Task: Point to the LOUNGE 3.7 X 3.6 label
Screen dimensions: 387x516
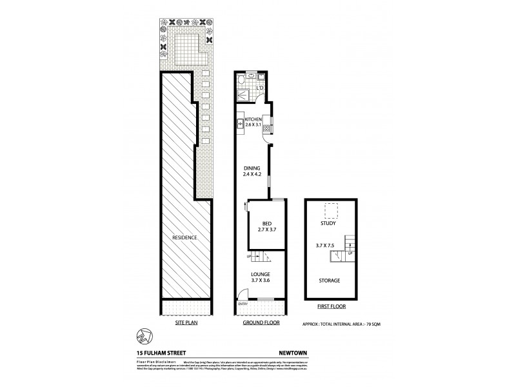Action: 261,277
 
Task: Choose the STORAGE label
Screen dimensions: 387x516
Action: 329,281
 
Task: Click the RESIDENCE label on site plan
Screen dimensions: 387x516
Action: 184,237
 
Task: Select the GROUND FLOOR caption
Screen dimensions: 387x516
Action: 261,322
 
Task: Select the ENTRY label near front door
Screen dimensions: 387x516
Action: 243,304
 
